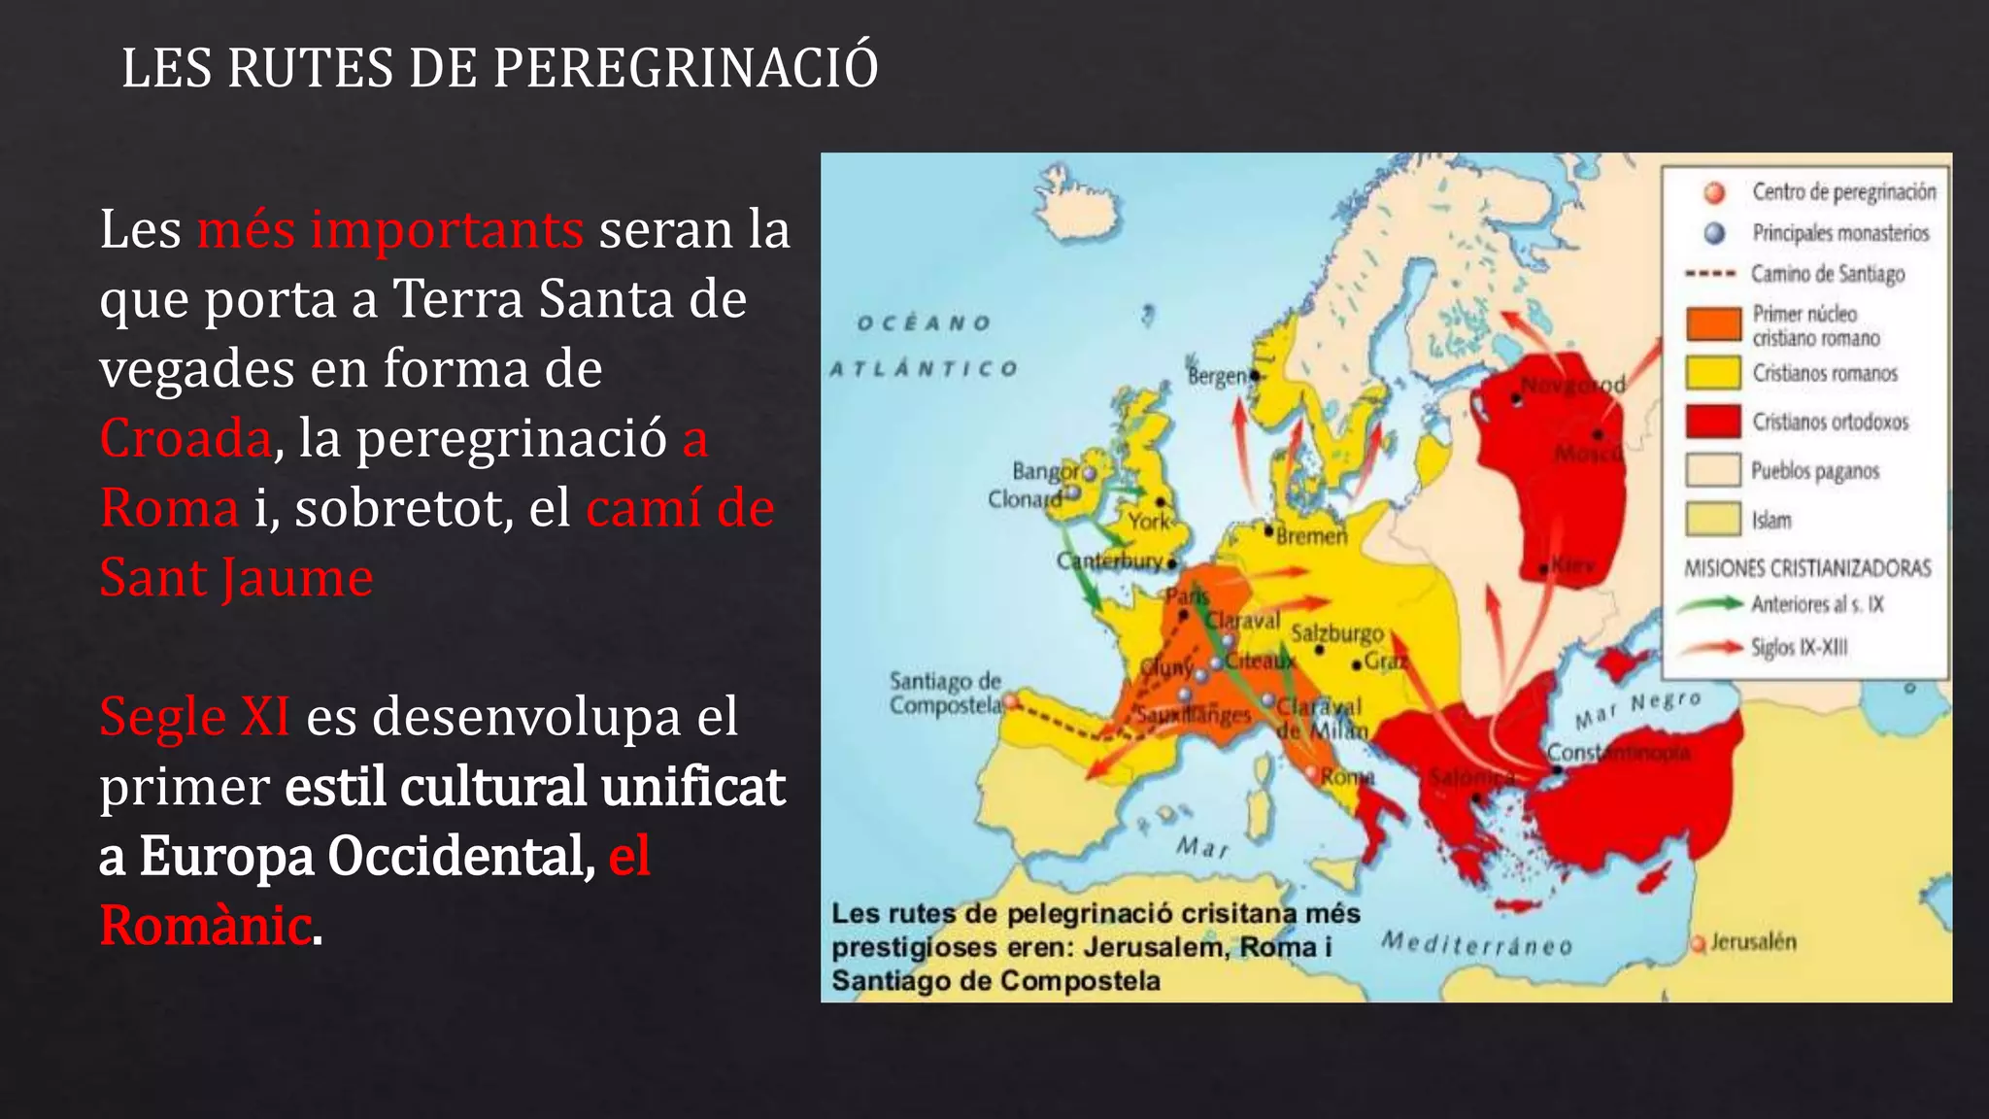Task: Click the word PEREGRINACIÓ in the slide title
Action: (685, 68)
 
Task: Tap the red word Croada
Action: (185, 438)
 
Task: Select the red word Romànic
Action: (206, 925)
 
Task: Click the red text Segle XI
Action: (195, 717)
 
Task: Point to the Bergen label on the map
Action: (1216, 376)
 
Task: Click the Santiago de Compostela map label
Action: (945, 693)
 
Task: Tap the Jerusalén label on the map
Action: (1753, 941)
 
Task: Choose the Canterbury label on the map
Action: (1109, 560)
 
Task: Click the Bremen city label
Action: (1311, 536)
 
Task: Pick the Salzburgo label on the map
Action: (1336, 633)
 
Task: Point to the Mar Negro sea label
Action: (1637, 709)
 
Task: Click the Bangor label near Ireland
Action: (1045, 471)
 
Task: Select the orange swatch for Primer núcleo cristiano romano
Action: (1713, 324)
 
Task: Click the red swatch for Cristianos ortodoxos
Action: (1713, 422)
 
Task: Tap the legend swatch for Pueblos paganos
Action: (1713, 470)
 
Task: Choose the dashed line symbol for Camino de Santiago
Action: (1710, 274)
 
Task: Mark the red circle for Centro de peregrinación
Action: (1715, 192)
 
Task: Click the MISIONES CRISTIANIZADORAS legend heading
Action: (1807, 568)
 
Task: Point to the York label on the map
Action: (1149, 522)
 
